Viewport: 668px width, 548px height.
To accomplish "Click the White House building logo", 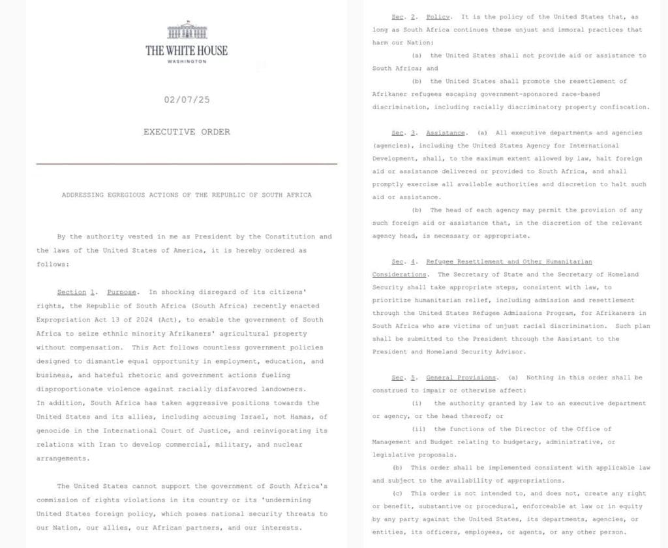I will [x=187, y=31].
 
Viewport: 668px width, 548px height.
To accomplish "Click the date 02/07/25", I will [x=187, y=101].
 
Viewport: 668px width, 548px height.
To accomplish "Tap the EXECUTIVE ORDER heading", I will [x=187, y=132].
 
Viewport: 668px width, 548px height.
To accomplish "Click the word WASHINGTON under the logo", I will [x=187, y=61].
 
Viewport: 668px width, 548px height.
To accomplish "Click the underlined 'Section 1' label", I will [x=72, y=292].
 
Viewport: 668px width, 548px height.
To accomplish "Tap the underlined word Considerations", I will [x=399, y=274].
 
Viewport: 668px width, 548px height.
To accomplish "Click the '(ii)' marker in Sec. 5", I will [x=418, y=428].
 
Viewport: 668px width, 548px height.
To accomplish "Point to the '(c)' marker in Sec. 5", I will [x=398, y=493].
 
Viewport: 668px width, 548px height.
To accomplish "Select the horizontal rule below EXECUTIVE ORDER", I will [x=187, y=163].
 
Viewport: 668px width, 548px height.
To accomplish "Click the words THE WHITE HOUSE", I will [x=187, y=50].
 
